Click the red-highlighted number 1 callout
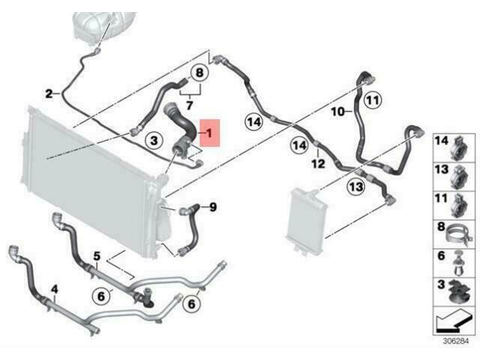210,133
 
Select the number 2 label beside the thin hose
49,94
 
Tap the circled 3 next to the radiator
154,140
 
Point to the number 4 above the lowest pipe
54,289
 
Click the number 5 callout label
97,256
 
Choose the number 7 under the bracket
190,105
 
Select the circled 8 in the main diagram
199,73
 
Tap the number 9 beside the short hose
213,207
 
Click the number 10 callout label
338,112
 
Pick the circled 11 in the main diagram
373,100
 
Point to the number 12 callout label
318,163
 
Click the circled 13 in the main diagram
356,187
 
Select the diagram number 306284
456,341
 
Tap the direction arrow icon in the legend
453,321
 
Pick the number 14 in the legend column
442,141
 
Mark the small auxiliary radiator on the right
307,222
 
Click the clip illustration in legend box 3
459,292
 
